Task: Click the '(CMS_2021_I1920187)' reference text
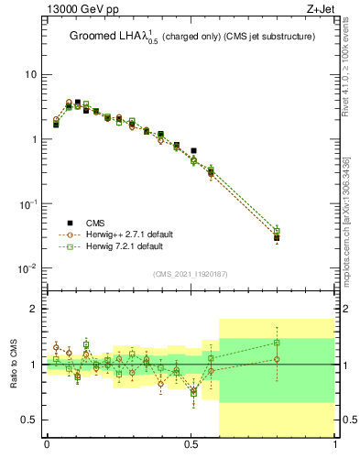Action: [191, 273]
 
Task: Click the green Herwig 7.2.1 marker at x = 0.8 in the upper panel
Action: [278, 232]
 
